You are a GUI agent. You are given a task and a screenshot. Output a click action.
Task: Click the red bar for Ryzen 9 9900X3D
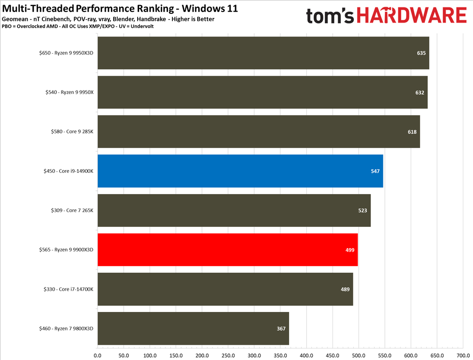point(228,250)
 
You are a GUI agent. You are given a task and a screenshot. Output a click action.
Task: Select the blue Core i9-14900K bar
point(240,171)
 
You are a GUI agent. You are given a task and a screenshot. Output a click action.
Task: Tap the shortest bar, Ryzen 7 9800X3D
point(193,329)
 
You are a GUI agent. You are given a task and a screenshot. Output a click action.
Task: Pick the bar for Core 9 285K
point(259,132)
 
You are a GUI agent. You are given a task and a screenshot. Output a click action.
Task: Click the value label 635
point(421,53)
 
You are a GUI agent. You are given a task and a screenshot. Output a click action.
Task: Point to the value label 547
point(375,171)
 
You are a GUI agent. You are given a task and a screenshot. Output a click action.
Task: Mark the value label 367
point(281,329)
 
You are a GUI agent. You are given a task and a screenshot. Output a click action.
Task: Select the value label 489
point(345,289)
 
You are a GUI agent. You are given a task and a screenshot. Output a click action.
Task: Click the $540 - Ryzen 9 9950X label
point(66,92)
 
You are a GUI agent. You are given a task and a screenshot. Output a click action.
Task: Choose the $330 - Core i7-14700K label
point(66,289)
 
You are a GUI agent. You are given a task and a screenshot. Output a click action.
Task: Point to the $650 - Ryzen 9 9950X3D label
point(66,53)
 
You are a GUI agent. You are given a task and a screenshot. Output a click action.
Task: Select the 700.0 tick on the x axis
point(462,355)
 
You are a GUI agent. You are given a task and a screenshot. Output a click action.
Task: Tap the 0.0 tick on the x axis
point(97,355)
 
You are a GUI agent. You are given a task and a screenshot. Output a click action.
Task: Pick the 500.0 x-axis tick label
point(358,355)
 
